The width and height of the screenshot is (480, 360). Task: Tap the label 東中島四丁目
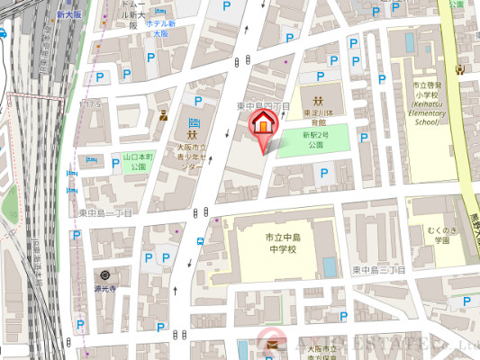263,106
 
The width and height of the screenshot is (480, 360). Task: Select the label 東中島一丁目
106,213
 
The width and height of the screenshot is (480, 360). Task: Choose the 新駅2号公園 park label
315,139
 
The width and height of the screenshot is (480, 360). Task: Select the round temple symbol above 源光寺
106,274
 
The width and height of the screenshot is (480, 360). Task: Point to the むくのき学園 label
439,236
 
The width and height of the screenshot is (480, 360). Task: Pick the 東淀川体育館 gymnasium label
317,119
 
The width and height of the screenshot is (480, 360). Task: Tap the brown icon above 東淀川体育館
318,99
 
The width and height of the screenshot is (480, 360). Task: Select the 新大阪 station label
67,15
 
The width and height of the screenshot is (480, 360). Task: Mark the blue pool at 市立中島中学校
330,267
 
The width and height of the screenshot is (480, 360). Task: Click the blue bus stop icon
200,240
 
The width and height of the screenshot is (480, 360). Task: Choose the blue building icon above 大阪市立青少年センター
193,122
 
